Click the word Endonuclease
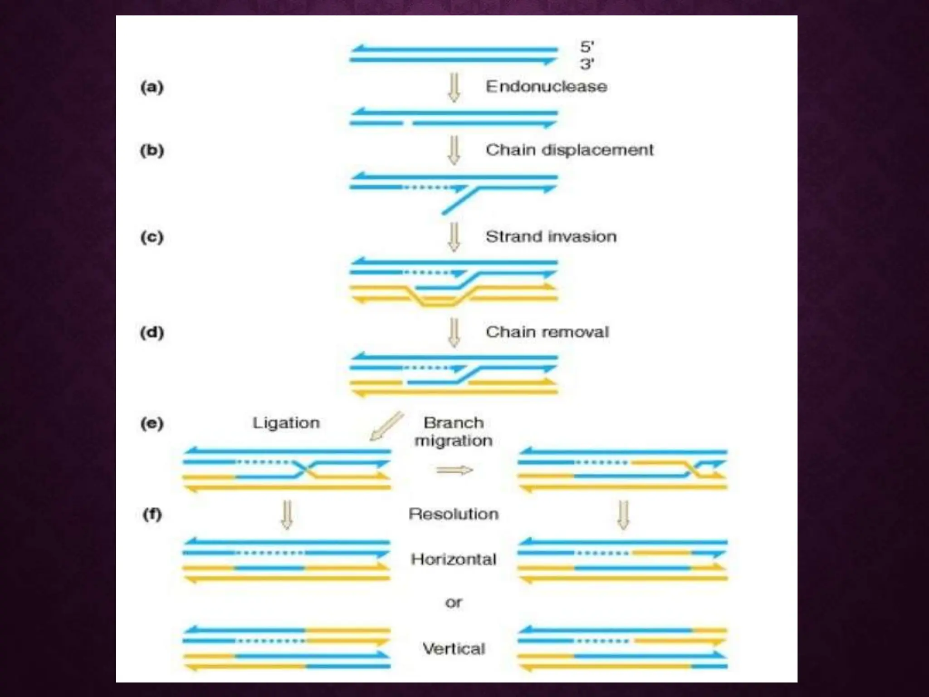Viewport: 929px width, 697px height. click(x=546, y=86)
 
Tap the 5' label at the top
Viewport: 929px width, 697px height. click(x=587, y=47)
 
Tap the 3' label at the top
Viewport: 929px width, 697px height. click(x=587, y=64)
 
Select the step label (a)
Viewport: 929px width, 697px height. click(x=152, y=87)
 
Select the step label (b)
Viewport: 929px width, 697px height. click(x=152, y=150)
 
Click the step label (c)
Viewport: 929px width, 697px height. click(x=152, y=237)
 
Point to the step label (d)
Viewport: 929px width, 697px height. click(x=152, y=332)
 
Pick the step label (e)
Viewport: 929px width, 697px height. click(x=152, y=423)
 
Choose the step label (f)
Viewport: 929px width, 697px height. click(x=152, y=514)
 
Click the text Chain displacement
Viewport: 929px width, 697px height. click(x=569, y=150)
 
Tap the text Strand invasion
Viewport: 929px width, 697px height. click(x=551, y=236)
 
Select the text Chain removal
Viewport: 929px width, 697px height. click(x=547, y=332)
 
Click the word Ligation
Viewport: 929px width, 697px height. click(x=286, y=423)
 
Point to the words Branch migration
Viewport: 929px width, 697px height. click(x=454, y=432)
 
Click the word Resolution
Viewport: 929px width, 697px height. click(x=454, y=514)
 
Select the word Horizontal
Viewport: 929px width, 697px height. click(x=454, y=559)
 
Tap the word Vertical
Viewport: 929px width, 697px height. click(x=454, y=648)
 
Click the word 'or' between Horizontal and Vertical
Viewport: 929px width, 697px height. click(x=454, y=603)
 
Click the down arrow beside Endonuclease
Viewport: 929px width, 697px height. click(x=454, y=87)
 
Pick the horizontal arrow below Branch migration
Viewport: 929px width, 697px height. click(x=454, y=470)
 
